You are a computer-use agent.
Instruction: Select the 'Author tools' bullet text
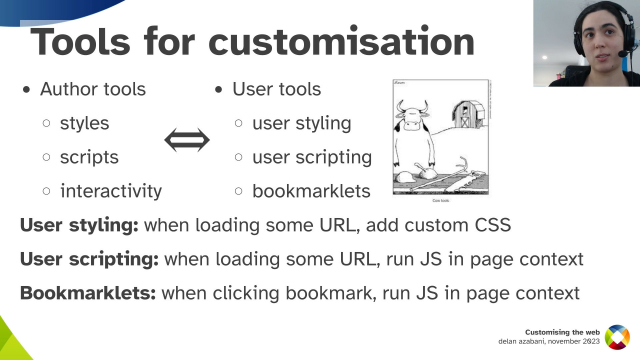[93, 89]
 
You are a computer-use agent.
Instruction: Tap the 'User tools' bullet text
[276, 89]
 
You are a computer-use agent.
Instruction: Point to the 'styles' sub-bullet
[84, 124]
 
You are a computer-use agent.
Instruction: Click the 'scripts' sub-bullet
[89, 157]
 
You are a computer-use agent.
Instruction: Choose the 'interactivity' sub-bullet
[111, 190]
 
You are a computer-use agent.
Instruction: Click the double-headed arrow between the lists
[188, 140]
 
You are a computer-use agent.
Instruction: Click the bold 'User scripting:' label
[89, 259]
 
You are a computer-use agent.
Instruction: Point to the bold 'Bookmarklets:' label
[87, 293]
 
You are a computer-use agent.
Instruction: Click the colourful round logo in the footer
[618, 338]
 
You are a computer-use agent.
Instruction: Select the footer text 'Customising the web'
[563, 331]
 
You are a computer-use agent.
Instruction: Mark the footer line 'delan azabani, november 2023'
[550, 343]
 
